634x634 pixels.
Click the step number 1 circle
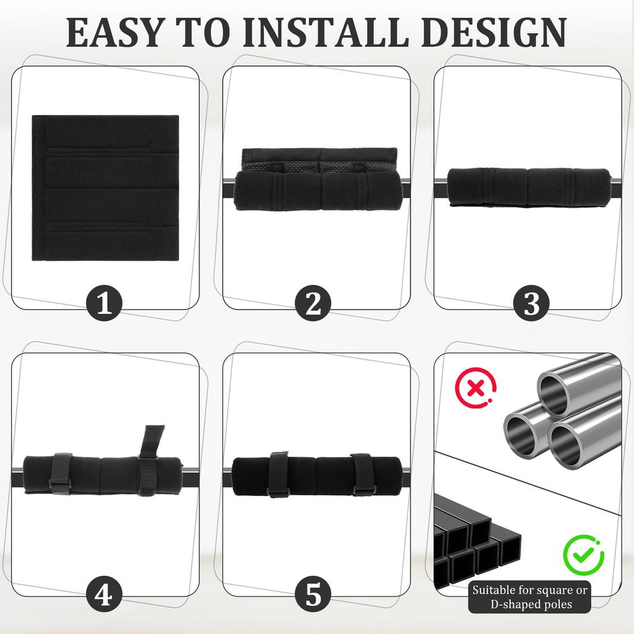click(104, 304)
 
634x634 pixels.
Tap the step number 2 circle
click(313, 304)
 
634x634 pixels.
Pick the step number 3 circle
click(531, 304)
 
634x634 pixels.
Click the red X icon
click(475, 389)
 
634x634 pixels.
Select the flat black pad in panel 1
click(105, 188)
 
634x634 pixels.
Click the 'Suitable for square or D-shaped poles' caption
click(530, 596)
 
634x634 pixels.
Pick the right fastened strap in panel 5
click(362, 475)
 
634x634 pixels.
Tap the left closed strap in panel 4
click(61, 474)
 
